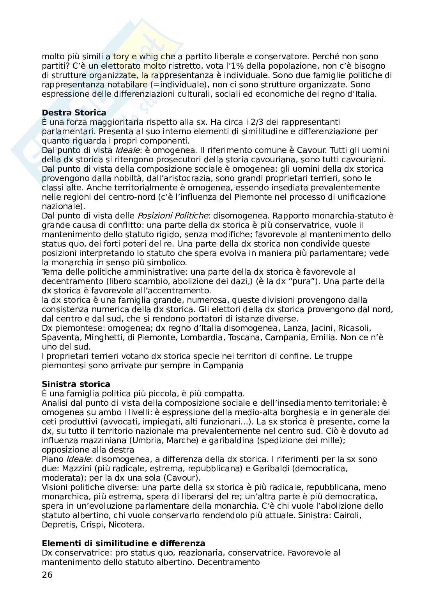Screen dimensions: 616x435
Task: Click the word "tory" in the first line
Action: tap(121, 57)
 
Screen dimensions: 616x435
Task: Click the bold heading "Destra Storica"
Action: tap(74, 113)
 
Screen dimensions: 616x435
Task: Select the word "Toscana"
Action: tap(245, 337)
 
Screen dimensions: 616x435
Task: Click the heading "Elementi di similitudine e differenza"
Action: tap(124, 543)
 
